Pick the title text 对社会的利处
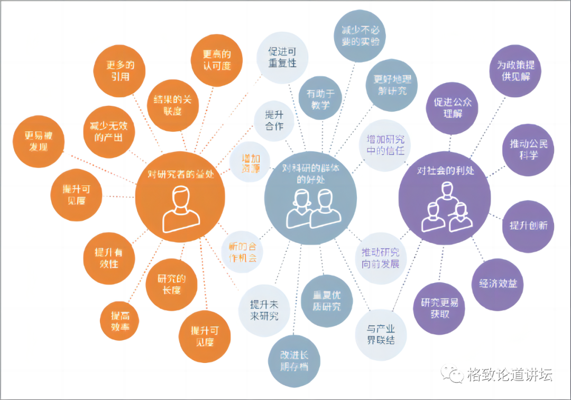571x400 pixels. tap(446, 170)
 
